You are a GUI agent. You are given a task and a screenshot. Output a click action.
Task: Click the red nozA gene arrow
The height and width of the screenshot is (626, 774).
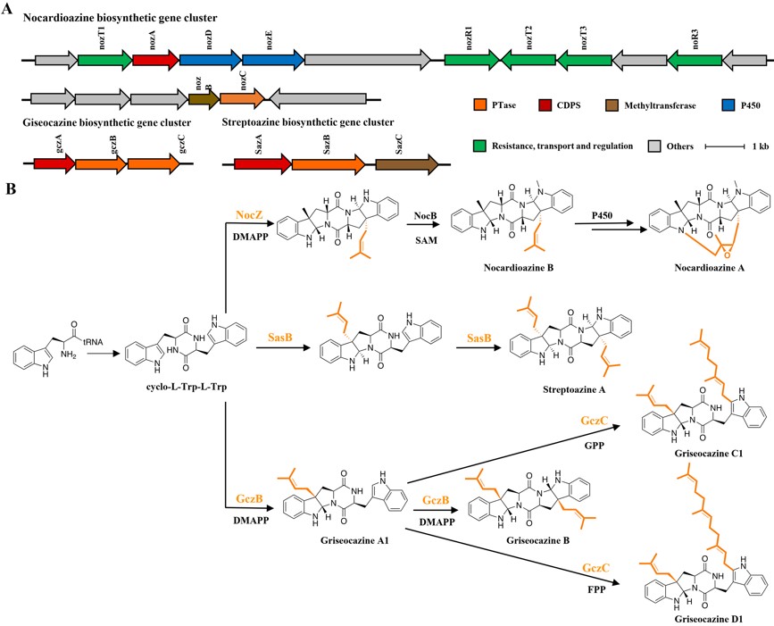[154, 60]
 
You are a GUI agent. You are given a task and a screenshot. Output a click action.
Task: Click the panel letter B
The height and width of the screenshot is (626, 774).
[11, 189]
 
